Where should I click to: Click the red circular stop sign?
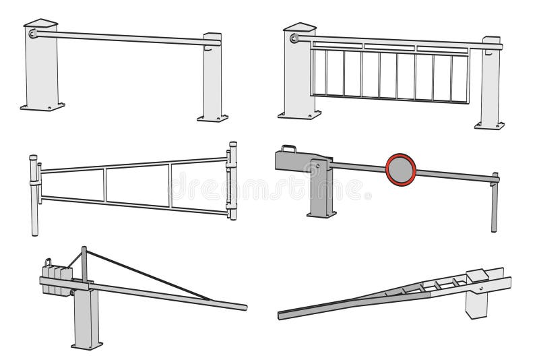401,169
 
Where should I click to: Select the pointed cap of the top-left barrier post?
40,23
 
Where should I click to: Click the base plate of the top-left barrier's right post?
212,118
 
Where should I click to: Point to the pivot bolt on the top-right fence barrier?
294,38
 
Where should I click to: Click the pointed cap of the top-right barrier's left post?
300,27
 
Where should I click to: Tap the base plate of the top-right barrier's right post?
489,125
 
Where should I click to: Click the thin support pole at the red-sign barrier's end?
494,206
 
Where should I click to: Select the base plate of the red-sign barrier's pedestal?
321,214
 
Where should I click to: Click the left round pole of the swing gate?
34,196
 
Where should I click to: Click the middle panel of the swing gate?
137,184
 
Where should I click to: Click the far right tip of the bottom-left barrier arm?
244,307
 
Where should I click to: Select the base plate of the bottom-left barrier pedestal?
87,345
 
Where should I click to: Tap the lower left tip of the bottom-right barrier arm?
281,315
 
